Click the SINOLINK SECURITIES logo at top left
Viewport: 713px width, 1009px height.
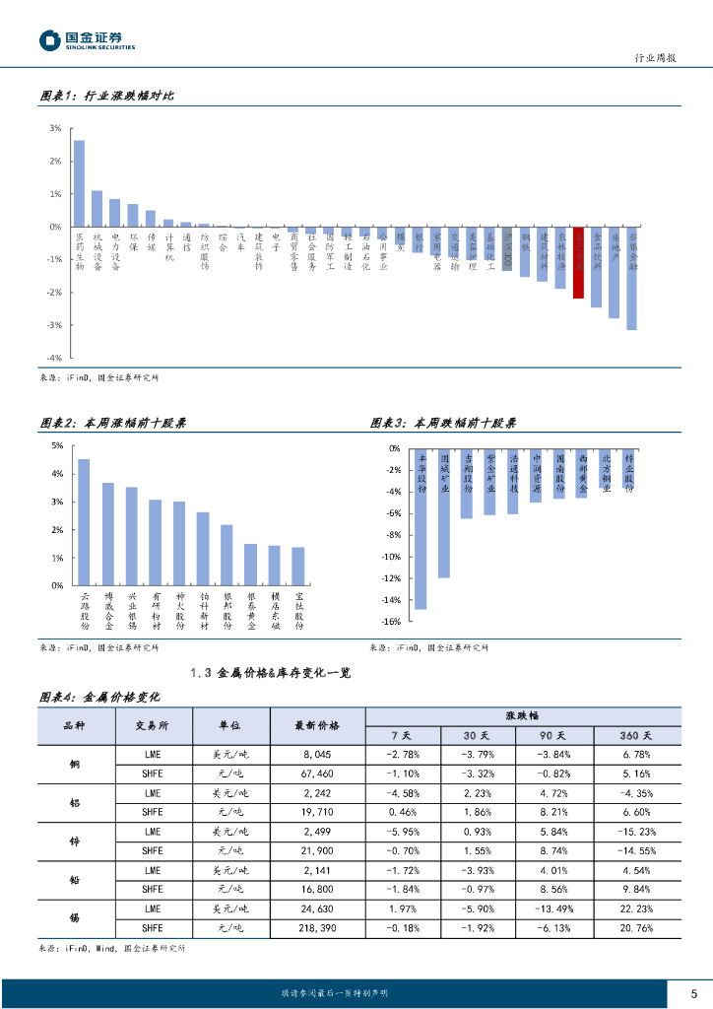[87, 40]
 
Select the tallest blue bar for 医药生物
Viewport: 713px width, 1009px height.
[79, 183]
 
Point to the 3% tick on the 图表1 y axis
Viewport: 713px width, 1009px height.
[55, 128]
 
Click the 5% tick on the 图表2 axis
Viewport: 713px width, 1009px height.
[57, 446]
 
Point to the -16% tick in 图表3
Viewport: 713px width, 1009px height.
[390, 622]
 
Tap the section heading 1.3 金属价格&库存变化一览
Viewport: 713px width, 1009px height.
[270, 673]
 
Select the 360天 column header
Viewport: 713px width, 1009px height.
[634, 735]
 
